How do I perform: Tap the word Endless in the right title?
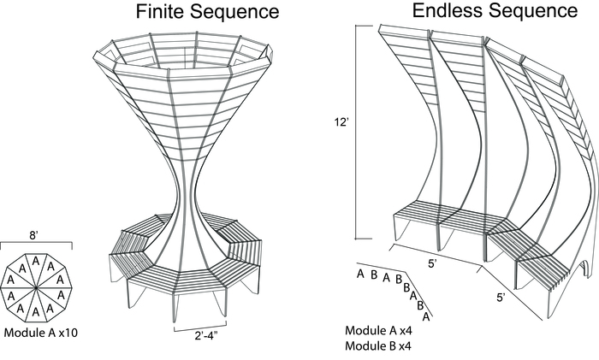tap(448, 11)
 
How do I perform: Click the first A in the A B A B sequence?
tap(361, 274)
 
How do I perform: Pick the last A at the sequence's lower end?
tap(427, 315)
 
